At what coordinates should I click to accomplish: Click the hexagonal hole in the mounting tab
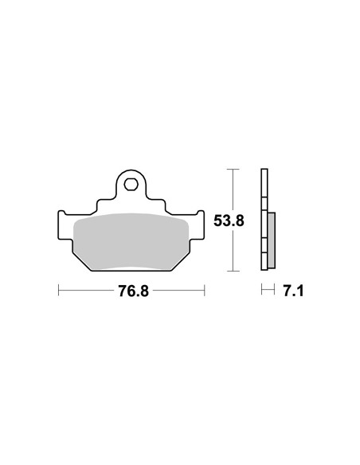(131, 185)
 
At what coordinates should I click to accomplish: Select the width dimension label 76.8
(134, 291)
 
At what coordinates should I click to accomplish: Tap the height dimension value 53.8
(229, 221)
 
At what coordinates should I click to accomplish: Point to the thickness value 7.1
(293, 291)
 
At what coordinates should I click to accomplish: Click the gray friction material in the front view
(131, 241)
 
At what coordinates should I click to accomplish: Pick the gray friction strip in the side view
(272, 240)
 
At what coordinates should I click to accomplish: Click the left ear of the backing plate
(61, 225)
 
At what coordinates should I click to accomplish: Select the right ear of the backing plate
(201, 225)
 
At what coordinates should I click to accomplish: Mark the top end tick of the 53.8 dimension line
(233, 169)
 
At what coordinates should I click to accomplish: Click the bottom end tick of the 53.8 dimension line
(233, 271)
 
